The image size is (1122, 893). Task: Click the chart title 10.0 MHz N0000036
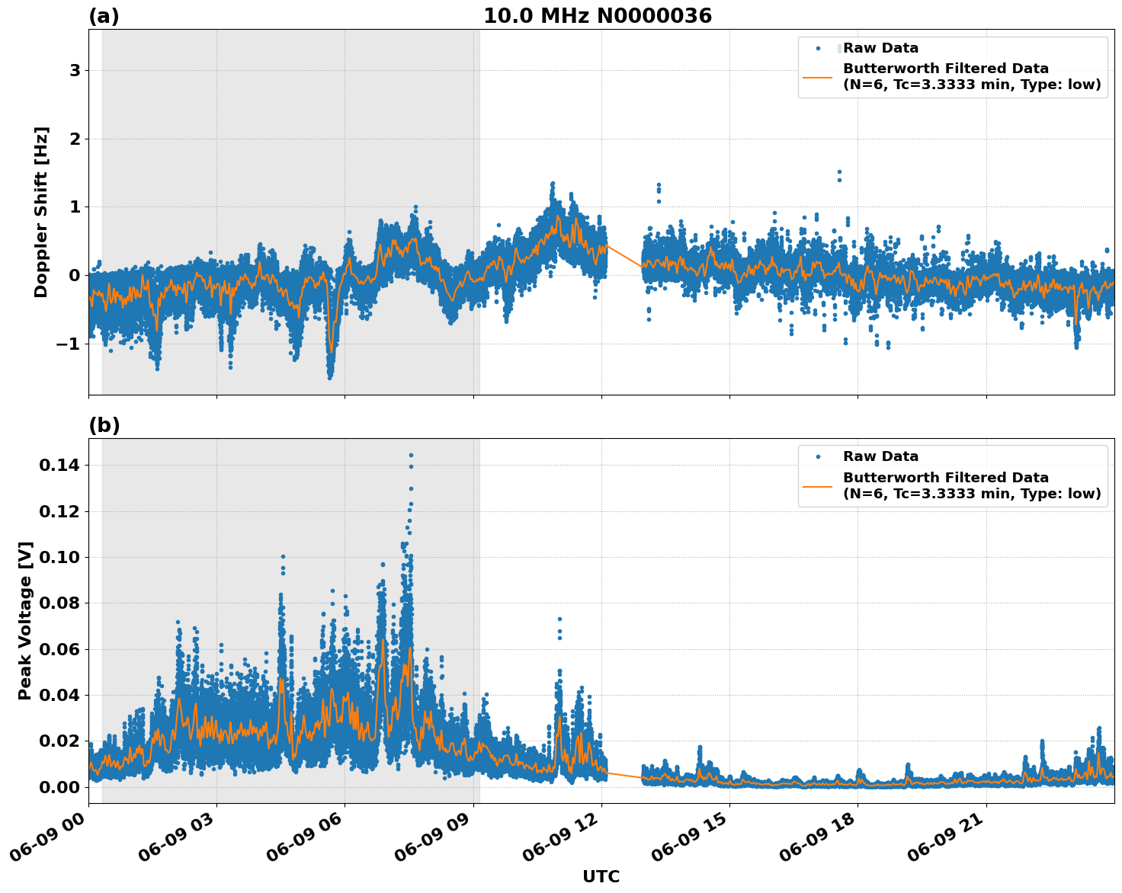(598, 16)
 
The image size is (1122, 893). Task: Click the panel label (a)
(104, 16)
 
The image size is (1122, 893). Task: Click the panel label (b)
(104, 425)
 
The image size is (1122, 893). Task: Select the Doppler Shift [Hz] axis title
(41, 212)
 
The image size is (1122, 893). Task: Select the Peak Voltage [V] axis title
(25, 620)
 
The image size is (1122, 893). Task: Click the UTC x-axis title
(601, 876)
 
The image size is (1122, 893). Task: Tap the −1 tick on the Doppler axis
(68, 344)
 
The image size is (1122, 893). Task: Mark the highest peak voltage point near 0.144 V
(411, 455)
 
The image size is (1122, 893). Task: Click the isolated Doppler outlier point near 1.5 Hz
(839, 172)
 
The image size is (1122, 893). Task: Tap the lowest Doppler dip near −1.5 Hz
(330, 377)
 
